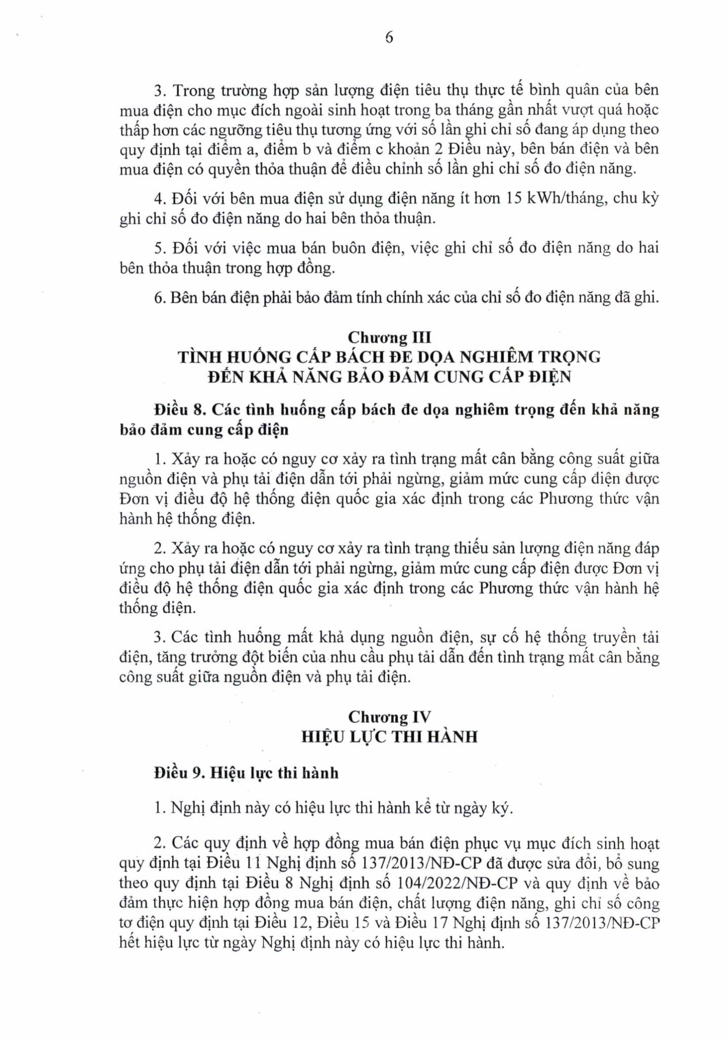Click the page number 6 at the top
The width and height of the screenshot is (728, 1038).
coord(389,38)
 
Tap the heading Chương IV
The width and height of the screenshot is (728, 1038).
coord(389,717)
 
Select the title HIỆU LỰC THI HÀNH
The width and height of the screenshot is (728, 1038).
coord(389,736)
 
